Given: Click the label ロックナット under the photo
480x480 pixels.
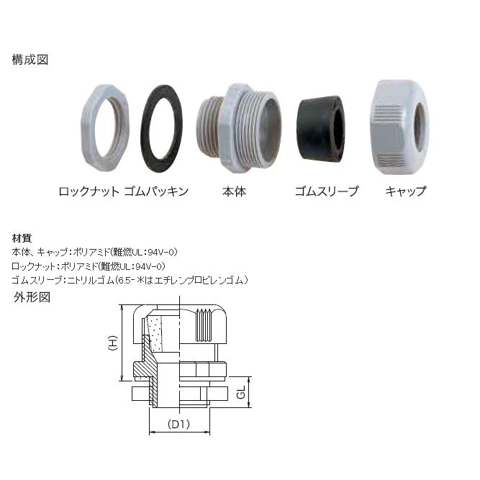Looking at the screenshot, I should [x=89, y=191].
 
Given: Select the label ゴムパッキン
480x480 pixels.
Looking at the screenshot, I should [x=156, y=191].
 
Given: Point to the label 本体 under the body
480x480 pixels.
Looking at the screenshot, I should [x=232, y=191].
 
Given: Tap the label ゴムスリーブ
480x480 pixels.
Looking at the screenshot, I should [x=326, y=191].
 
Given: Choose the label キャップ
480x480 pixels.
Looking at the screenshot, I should [x=406, y=191].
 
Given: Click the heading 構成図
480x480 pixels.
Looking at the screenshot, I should [x=30, y=60].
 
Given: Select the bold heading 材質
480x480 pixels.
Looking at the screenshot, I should [x=22, y=239].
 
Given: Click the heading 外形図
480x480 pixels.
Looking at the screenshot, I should [x=31, y=296].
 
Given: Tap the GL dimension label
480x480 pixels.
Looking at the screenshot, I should [x=243, y=394].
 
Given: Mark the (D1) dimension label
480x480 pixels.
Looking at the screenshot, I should [x=178, y=424].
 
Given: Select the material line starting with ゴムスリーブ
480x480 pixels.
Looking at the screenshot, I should [x=130, y=279].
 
